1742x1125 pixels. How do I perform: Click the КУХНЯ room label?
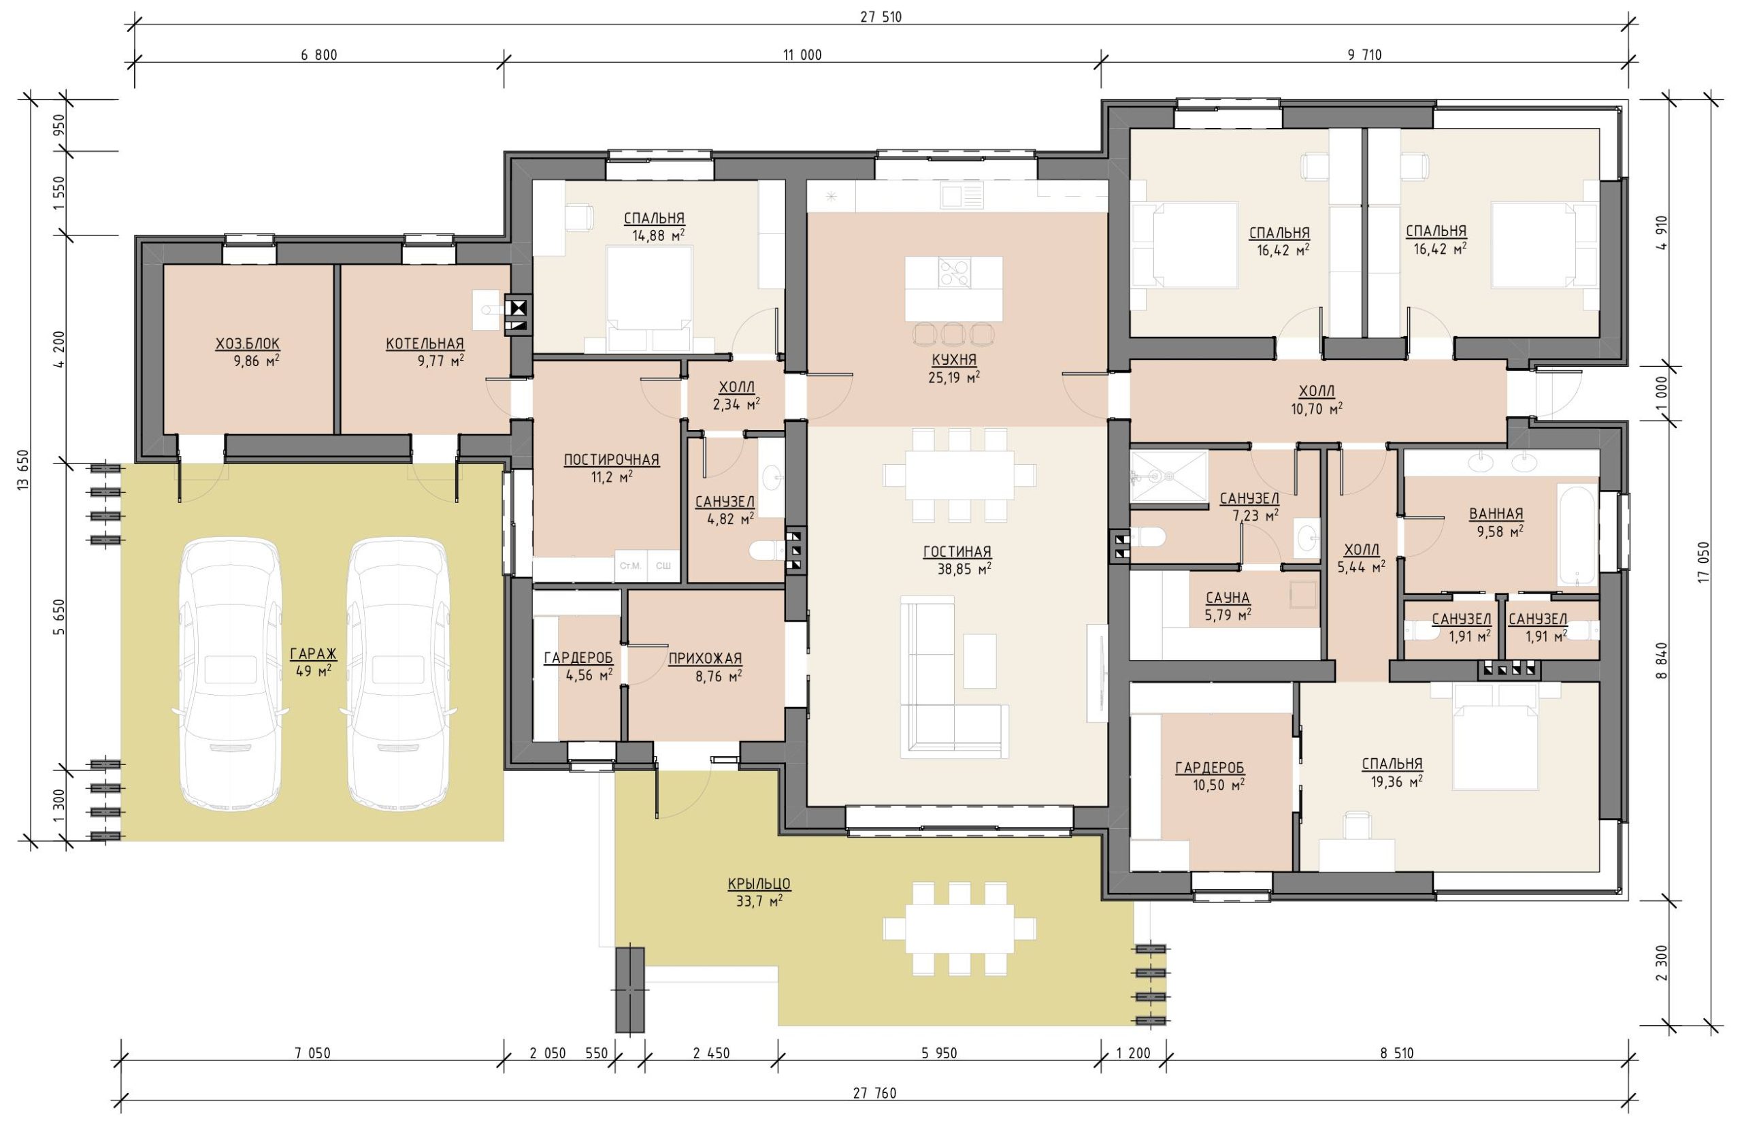[x=954, y=360]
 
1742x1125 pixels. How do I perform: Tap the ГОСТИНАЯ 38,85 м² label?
[x=957, y=559]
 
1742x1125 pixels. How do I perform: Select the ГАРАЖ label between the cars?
[x=312, y=654]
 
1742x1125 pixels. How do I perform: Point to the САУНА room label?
[x=1228, y=598]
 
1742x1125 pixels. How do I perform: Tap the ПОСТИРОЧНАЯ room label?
[x=611, y=459]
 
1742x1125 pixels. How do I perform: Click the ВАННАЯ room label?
[x=1496, y=514]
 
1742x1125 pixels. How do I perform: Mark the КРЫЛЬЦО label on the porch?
[x=759, y=884]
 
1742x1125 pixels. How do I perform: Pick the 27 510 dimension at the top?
[x=881, y=17]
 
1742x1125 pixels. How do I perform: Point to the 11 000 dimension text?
[x=803, y=55]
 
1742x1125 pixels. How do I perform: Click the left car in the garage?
[x=231, y=674]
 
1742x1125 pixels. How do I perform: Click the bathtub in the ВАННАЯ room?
[x=1577, y=535]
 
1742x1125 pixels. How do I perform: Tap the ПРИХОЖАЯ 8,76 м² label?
[x=705, y=666]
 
